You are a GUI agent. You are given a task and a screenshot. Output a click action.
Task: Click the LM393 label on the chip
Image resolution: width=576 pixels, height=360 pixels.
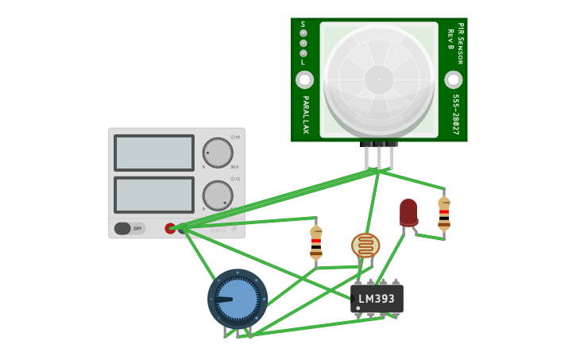[x=377, y=300]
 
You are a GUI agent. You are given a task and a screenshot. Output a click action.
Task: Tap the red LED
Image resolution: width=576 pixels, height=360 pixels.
[x=408, y=212]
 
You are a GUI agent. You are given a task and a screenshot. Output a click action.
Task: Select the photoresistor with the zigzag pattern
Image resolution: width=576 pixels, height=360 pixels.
[x=365, y=246]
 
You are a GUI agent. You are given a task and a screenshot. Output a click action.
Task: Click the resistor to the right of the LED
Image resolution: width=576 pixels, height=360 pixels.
[x=444, y=212]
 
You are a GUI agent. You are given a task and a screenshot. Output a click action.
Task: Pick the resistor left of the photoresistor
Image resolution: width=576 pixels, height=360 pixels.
[x=316, y=242]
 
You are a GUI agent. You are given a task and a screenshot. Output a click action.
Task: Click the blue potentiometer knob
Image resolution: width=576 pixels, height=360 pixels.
[x=238, y=299]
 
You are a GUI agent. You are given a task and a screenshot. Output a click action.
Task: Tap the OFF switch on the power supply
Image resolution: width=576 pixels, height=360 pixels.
[x=130, y=229]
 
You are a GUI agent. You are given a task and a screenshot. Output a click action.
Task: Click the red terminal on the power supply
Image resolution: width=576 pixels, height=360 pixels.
[x=170, y=229]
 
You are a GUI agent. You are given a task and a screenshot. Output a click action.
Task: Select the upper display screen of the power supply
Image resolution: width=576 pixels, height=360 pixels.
[x=154, y=153]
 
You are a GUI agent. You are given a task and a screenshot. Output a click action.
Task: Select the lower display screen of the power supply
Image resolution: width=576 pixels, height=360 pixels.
[x=154, y=195]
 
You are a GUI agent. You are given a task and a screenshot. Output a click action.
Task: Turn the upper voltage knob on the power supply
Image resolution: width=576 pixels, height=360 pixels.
[x=217, y=153]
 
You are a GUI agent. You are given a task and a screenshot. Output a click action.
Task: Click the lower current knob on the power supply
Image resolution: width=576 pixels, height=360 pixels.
[x=217, y=195]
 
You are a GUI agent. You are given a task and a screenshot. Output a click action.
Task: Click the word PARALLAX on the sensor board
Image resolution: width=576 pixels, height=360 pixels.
[x=305, y=114]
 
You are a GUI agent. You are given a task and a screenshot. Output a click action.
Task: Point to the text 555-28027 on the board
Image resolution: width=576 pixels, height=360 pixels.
[x=456, y=115]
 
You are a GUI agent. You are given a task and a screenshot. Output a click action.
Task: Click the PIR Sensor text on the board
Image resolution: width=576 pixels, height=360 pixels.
[x=460, y=43]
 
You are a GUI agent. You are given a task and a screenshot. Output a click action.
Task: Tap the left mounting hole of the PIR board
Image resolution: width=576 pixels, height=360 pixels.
[x=304, y=79]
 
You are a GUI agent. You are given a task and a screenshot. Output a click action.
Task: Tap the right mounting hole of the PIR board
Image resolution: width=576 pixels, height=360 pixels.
[x=453, y=79]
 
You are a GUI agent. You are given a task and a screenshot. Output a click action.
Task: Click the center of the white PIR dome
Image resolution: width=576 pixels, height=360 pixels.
[x=379, y=79]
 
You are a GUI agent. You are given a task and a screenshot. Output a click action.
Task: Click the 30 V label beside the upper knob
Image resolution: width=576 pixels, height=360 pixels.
[x=234, y=167]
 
